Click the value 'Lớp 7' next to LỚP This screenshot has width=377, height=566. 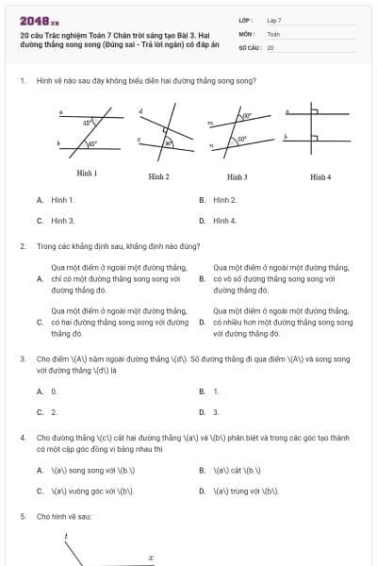tap(274, 19)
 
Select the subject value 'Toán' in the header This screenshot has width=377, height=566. tap(273, 33)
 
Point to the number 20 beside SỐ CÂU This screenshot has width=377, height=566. tap(270, 46)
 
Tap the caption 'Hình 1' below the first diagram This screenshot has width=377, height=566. tap(87, 174)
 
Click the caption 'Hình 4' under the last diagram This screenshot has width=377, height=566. tap(320, 176)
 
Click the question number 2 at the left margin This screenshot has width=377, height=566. tap(22, 246)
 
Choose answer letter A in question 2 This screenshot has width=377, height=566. tap(40, 279)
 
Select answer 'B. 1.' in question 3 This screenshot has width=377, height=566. tap(210, 391)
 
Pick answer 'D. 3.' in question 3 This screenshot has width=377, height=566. tap(210, 412)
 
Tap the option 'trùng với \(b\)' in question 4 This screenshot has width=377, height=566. tap(247, 491)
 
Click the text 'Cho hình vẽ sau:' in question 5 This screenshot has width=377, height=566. tap(63, 517)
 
